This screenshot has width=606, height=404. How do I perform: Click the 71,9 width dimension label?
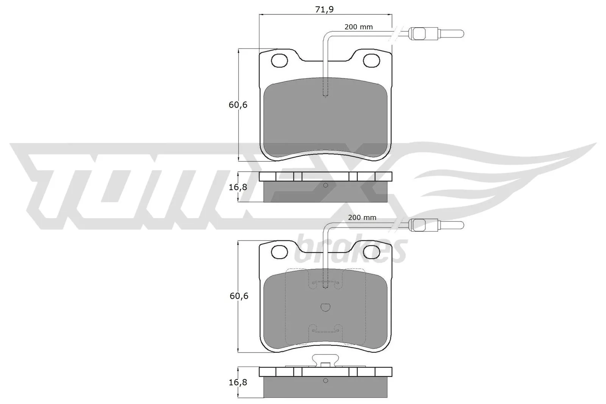[324, 9]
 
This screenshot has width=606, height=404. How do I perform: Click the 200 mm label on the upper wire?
[358, 27]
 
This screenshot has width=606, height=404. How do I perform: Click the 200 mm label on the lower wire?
[362, 217]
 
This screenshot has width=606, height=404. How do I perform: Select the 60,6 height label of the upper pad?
[238, 105]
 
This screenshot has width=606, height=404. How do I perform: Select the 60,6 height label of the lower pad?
[239, 296]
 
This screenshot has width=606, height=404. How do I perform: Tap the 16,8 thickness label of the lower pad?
[238, 382]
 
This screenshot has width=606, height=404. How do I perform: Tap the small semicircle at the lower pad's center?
[325, 307]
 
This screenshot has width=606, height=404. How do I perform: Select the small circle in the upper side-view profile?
[325, 185]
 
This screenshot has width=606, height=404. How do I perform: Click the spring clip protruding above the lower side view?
[325, 360]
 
